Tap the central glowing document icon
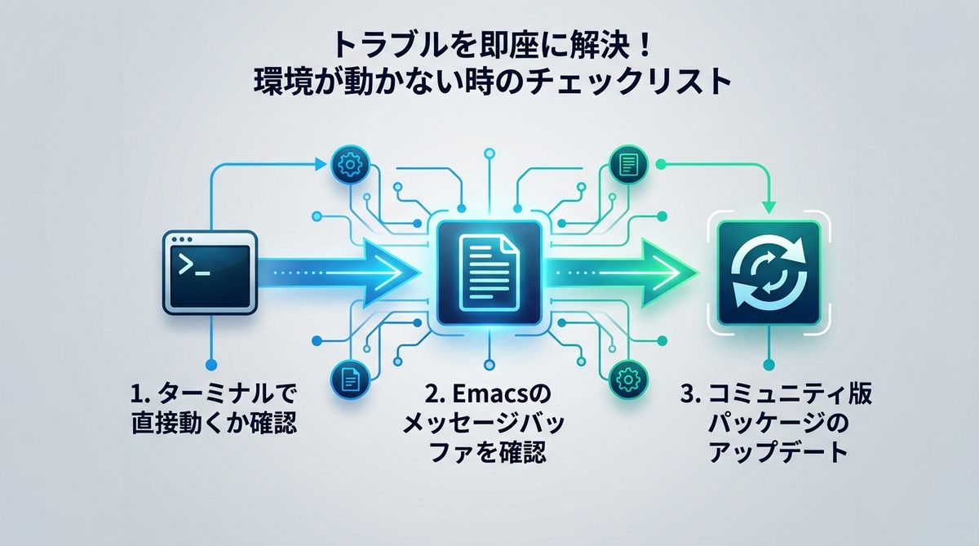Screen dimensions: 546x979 489,272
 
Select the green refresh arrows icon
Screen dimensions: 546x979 768,272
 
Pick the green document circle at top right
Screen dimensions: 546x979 628,166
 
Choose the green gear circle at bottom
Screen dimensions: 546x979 628,378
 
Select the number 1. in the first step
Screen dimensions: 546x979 140,397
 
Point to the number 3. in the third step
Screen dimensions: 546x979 690,397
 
